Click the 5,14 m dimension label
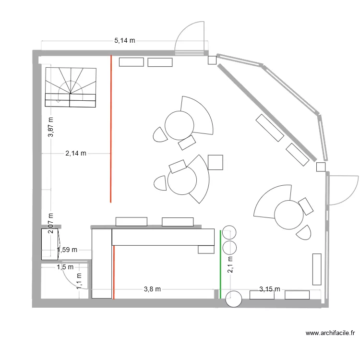click(124, 41)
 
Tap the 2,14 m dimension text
click(76, 154)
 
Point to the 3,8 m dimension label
click(152, 289)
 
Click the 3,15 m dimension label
click(269, 289)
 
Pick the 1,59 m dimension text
click(67, 250)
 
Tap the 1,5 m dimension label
click(65, 267)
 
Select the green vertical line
click(220, 264)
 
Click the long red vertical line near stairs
click(111, 129)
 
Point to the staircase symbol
click(71, 87)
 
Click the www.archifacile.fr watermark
click(330, 333)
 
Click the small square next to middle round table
click(216, 162)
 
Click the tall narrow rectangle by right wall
click(316, 269)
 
